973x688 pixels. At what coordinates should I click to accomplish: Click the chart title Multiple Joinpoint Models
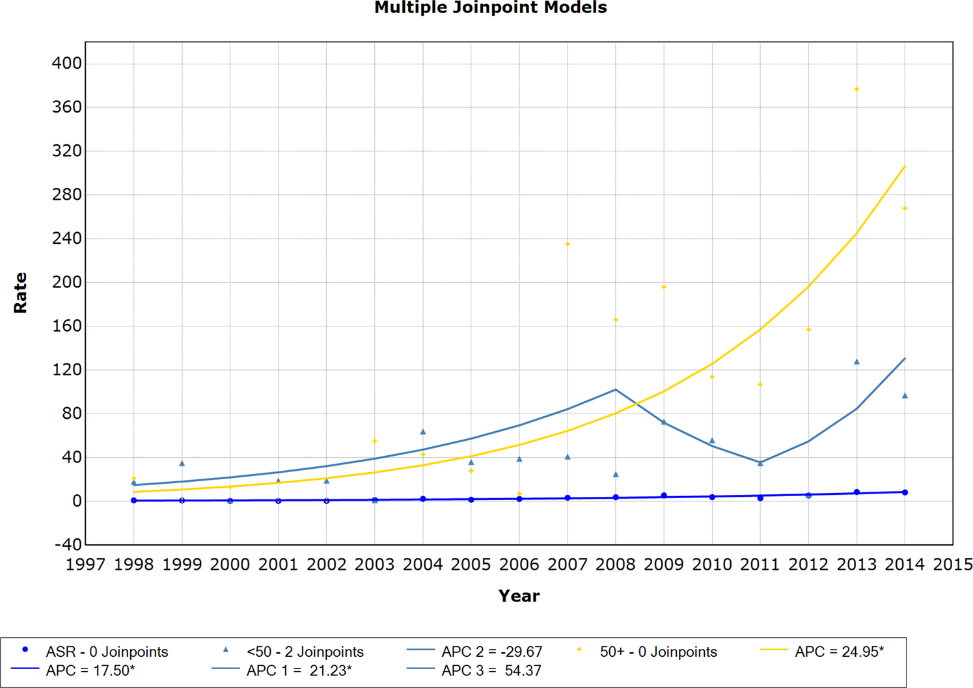(490, 8)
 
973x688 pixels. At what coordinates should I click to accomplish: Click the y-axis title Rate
(20, 293)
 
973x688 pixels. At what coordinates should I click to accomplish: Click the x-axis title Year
(519, 596)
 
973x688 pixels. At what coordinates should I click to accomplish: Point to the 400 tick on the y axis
(66, 64)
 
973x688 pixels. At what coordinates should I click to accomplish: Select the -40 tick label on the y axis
(66, 545)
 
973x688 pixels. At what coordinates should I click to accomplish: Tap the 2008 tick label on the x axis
(615, 565)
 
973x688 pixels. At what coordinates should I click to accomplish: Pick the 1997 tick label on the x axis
(85, 565)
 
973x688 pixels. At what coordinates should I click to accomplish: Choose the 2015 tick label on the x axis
(952, 565)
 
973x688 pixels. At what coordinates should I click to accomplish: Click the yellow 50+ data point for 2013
(857, 89)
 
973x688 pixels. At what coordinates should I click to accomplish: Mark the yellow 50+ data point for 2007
(568, 245)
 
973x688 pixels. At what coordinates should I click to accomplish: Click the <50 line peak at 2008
(616, 390)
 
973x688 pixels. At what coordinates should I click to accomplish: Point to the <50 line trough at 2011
(760, 463)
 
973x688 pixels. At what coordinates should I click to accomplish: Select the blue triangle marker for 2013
(857, 362)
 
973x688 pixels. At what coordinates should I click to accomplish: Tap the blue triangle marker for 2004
(423, 432)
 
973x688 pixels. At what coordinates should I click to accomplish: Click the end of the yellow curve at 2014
(905, 166)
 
